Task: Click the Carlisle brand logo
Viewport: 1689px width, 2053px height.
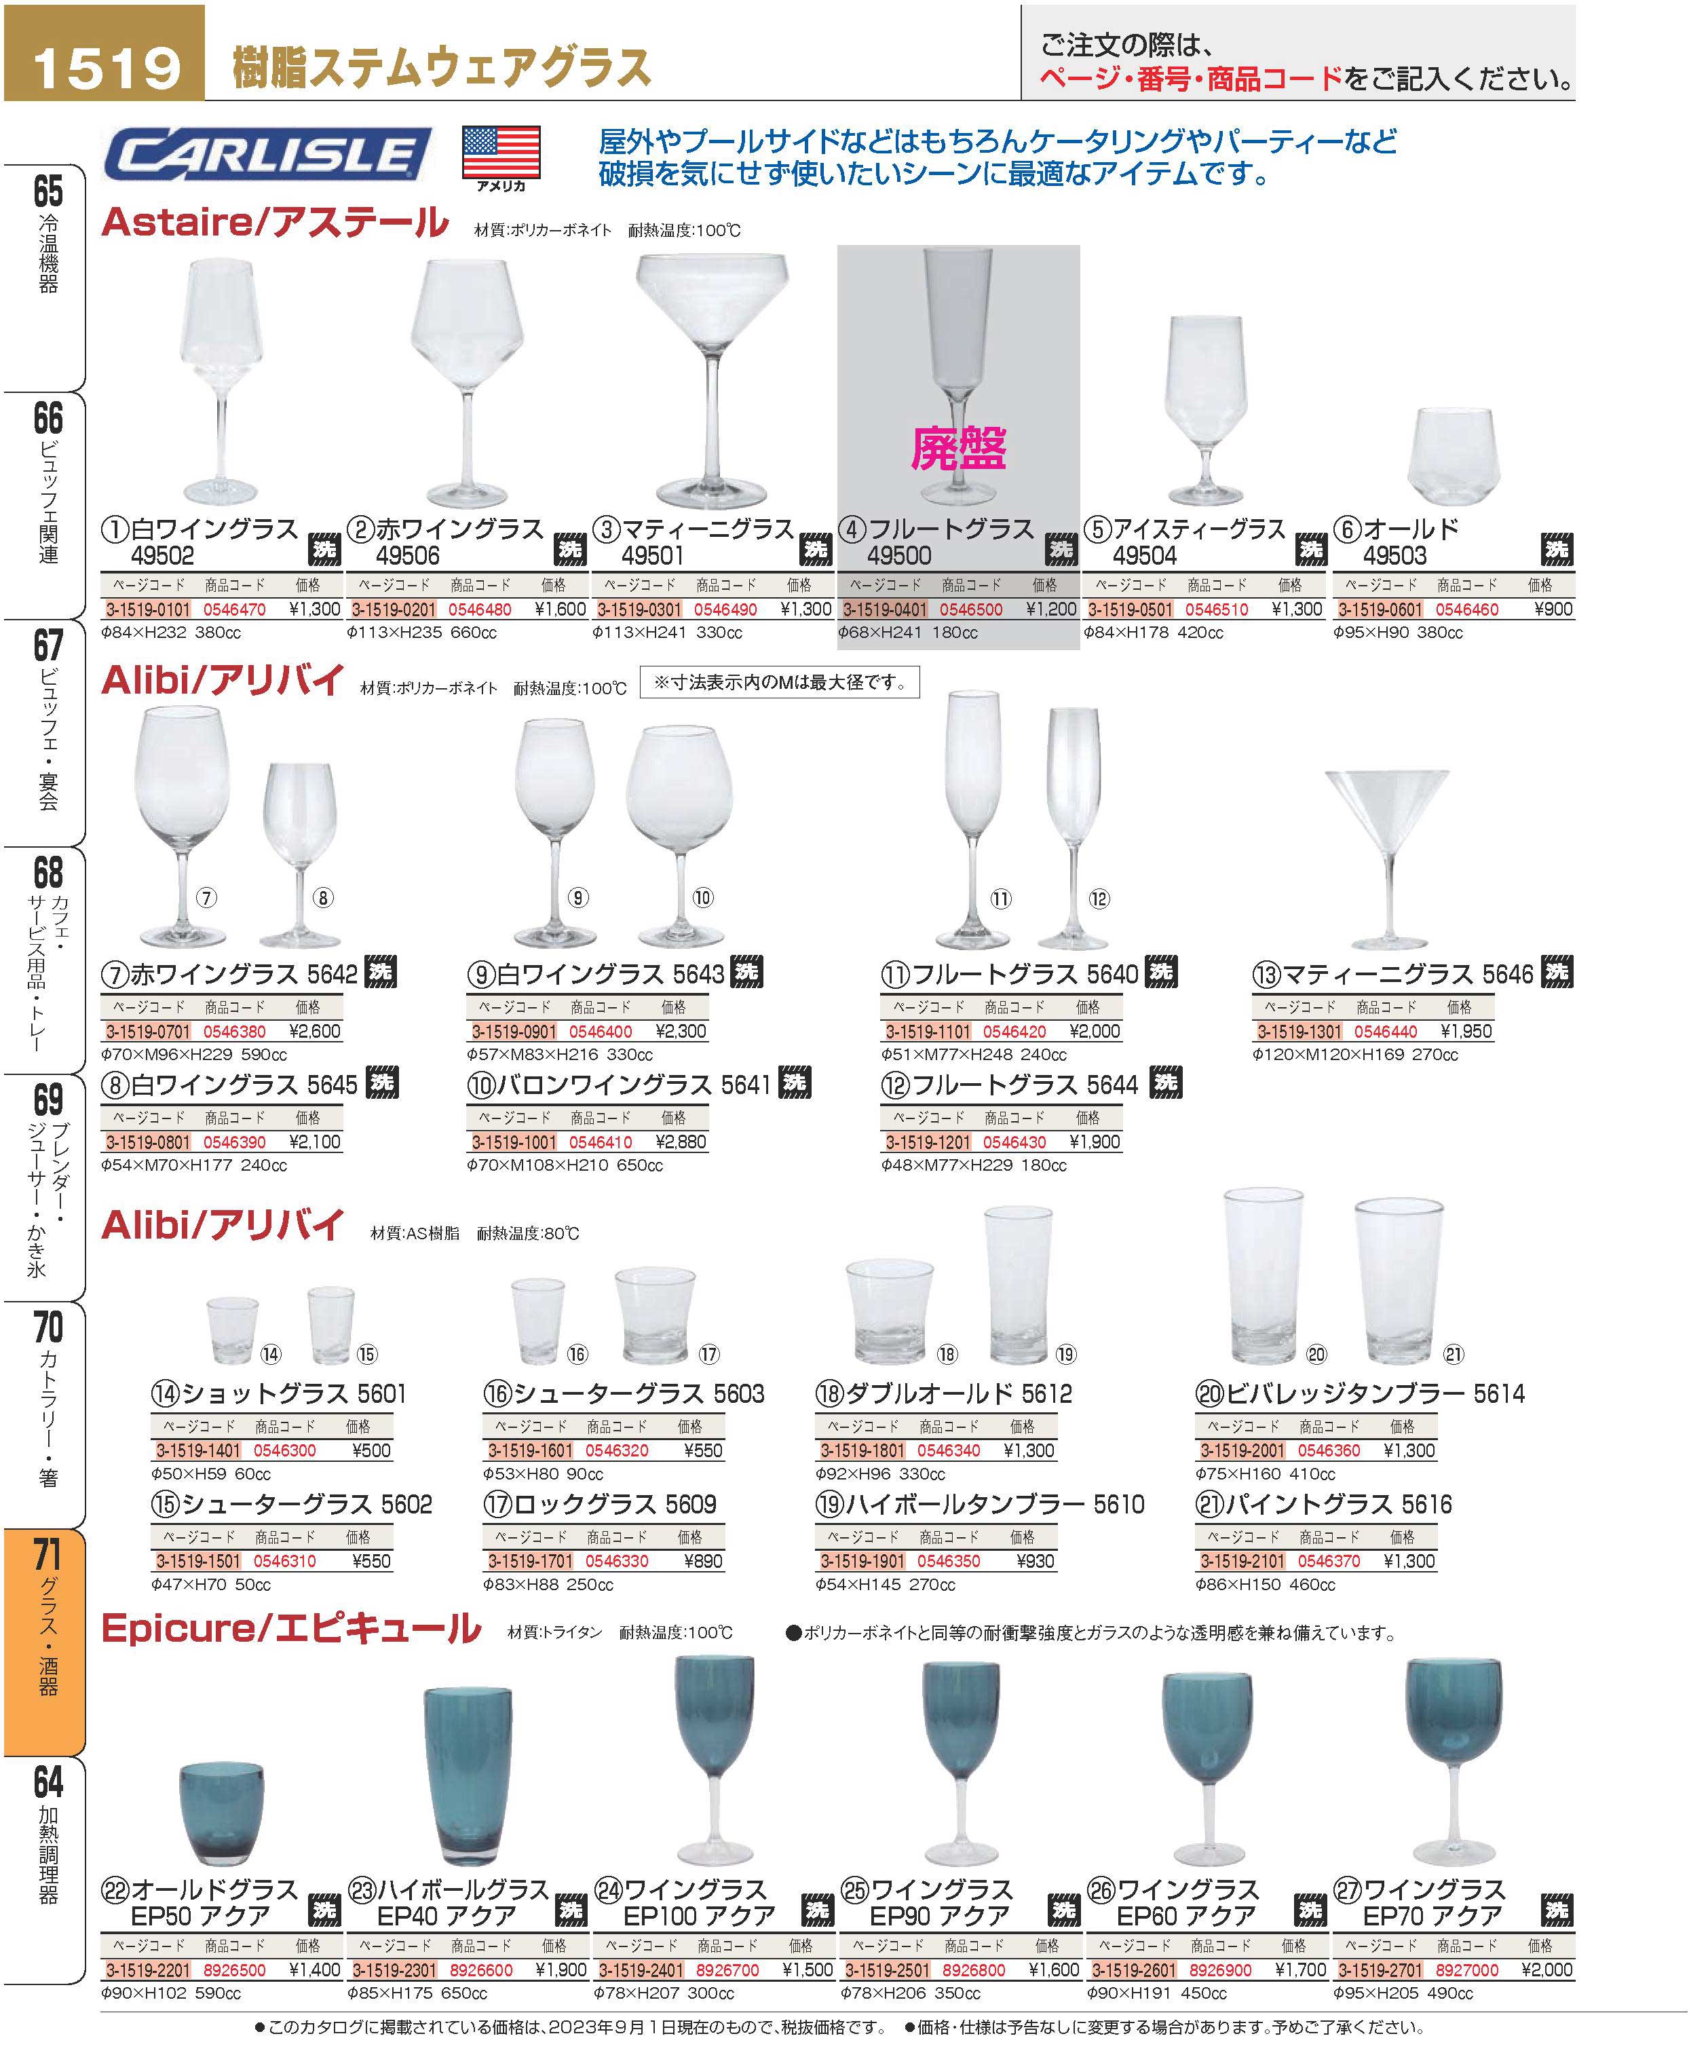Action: [x=267, y=155]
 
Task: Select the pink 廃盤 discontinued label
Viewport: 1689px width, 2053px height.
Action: [x=958, y=449]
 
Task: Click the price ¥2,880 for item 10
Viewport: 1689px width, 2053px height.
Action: [x=681, y=1142]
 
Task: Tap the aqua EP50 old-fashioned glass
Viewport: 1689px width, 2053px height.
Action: [x=222, y=1815]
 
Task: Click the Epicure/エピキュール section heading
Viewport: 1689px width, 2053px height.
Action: [x=291, y=1629]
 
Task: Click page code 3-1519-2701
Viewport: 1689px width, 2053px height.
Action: [x=1380, y=1970]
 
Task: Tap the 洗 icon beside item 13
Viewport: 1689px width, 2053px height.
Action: [x=1557, y=972]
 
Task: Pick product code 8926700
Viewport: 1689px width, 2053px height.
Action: [x=727, y=1970]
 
